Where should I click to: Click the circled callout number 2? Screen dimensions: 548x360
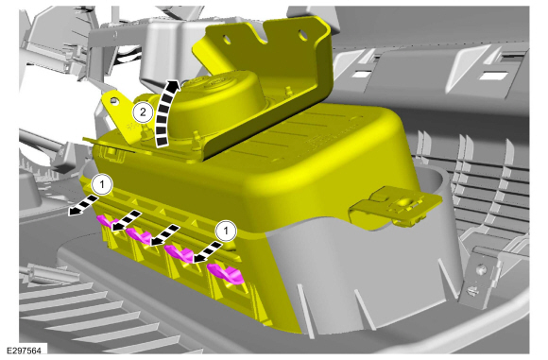[143, 112]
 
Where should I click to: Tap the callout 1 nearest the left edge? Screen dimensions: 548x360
[102, 184]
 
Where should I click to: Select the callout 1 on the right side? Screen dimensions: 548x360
[226, 231]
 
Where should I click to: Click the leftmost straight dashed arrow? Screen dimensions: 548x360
[82, 206]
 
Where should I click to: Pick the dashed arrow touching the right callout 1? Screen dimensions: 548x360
[207, 251]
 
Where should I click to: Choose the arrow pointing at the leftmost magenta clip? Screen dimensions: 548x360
[127, 220]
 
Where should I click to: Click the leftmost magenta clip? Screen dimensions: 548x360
[105, 222]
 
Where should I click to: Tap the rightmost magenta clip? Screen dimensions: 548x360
[226, 273]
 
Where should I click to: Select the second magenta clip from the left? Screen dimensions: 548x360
[139, 235]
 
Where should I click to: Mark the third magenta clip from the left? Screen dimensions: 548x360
[179, 253]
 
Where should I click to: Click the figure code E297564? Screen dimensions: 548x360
[24, 351]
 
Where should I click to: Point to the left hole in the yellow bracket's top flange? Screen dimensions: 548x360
[227, 40]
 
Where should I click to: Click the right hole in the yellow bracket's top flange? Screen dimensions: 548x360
[302, 34]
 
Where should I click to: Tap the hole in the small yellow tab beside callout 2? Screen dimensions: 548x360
[112, 101]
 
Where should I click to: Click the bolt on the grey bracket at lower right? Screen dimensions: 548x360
[481, 269]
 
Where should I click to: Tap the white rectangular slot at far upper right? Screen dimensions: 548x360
[493, 75]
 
